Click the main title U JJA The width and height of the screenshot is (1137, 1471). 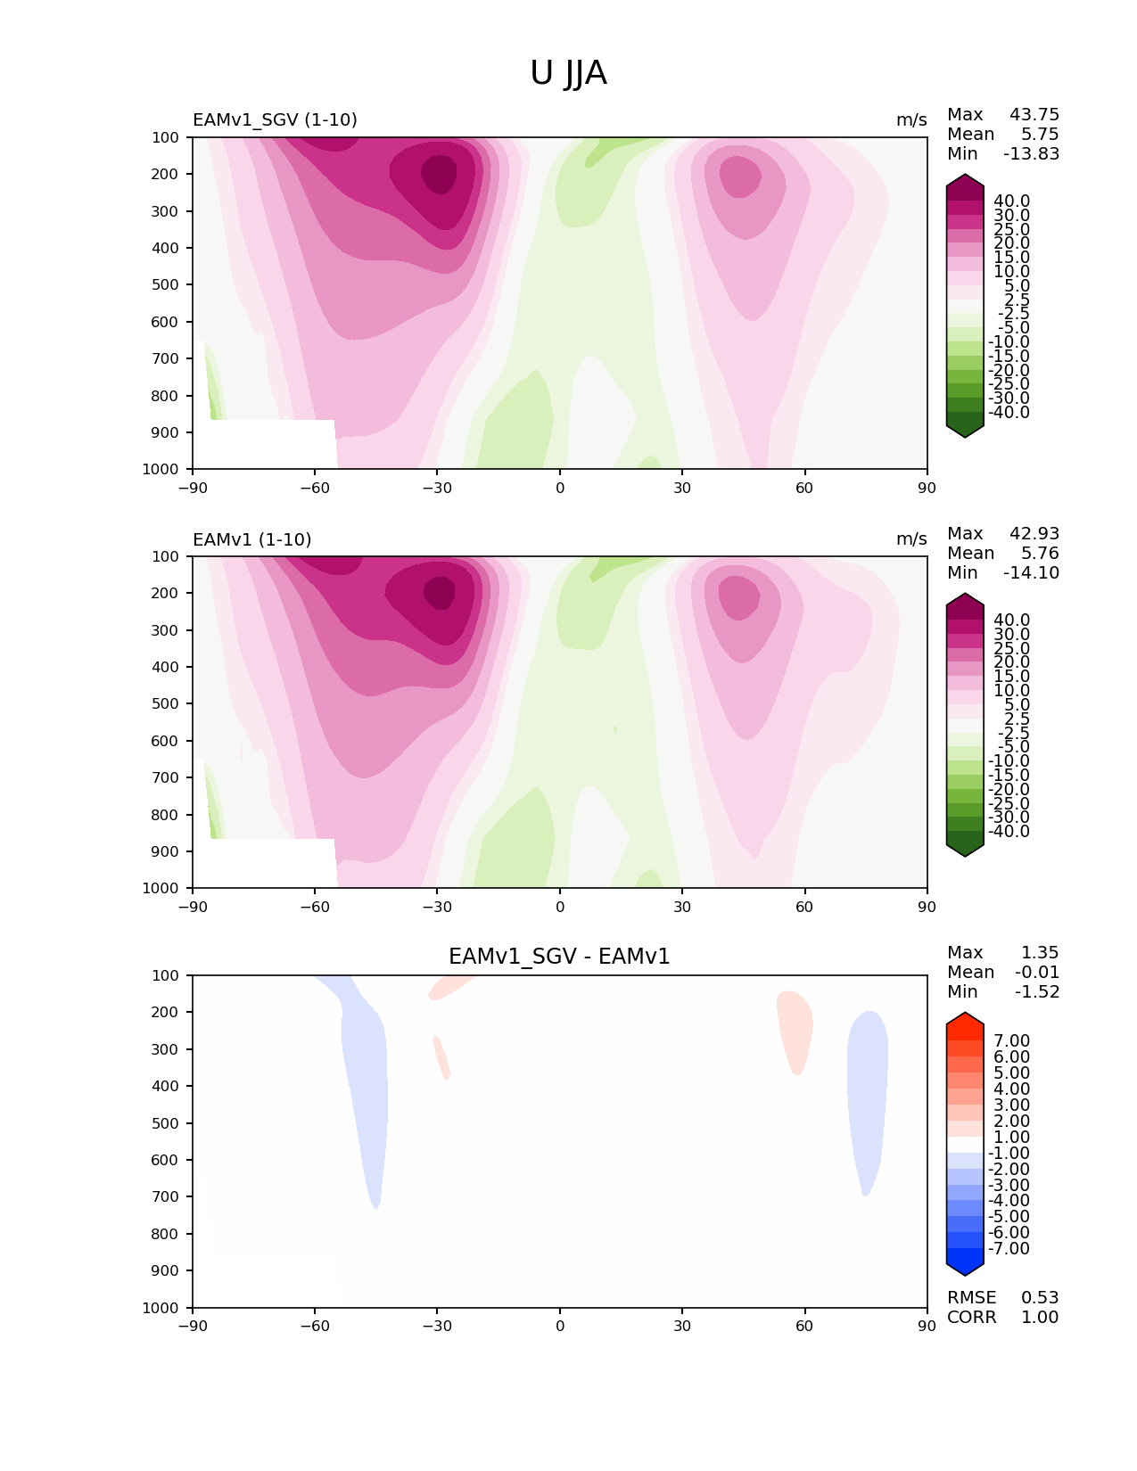[568, 73]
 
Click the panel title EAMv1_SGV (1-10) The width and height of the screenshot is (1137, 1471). [275, 120]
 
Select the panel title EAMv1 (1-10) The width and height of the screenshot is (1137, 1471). [251, 539]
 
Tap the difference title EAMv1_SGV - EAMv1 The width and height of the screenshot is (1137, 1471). [559, 957]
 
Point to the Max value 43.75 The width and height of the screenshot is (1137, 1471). [1034, 115]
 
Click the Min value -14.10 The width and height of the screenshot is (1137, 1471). [1031, 573]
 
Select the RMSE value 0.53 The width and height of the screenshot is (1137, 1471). [1040, 1298]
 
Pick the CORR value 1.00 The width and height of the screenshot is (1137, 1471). [1040, 1318]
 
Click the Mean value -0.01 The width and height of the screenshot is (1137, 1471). [1037, 973]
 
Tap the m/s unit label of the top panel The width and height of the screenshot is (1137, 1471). [911, 120]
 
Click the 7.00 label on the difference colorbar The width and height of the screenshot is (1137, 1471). [1011, 1041]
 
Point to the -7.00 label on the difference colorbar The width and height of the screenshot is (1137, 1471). [1009, 1249]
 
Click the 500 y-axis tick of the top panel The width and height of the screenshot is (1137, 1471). [166, 285]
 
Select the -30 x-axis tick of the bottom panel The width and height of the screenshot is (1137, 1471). [436, 1326]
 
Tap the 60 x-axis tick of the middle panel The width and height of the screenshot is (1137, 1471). [804, 907]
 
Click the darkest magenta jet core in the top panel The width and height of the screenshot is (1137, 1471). [439, 174]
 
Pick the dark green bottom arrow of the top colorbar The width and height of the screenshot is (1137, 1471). [965, 428]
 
